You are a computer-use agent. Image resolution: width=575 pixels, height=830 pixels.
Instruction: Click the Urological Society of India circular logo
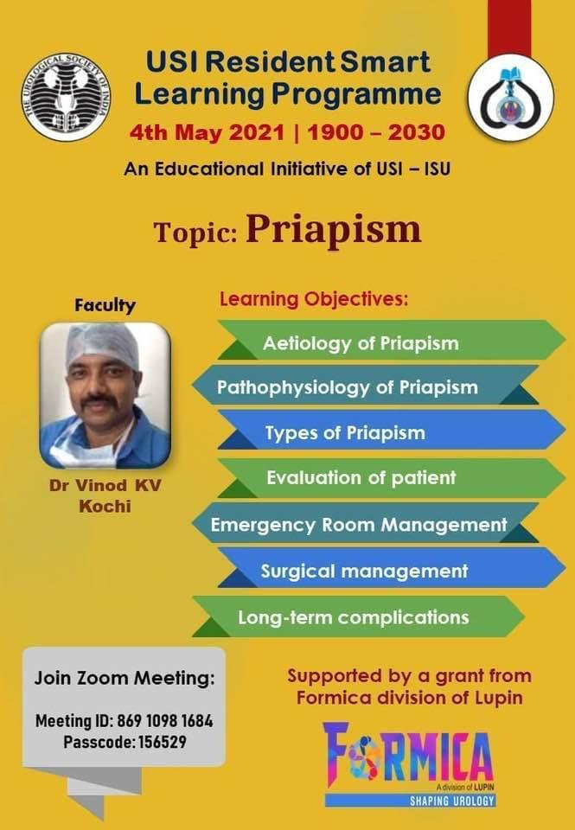(x=66, y=96)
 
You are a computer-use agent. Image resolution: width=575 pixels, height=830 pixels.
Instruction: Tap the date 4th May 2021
(x=207, y=132)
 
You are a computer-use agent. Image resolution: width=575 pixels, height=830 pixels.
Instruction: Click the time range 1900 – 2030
(x=376, y=132)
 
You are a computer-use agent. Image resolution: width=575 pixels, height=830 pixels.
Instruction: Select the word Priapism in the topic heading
(x=334, y=229)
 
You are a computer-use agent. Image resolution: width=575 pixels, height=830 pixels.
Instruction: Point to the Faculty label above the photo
(x=105, y=305)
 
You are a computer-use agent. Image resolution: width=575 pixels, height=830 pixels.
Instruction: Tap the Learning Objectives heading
(x=314, y=299)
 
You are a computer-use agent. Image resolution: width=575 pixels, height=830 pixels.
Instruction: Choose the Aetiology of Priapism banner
(x=392, y=340)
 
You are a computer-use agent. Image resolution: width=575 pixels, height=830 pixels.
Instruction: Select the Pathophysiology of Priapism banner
(x=366, y=386)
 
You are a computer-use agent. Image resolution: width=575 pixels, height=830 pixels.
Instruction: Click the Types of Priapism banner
(x=392, y=430)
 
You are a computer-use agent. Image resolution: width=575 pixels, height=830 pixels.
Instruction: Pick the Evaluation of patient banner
(x=392, y=478)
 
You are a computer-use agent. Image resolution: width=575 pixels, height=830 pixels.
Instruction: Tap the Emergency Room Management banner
(x=366, y=523)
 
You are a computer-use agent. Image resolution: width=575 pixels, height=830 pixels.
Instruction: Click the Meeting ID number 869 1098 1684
(x=165, y=721)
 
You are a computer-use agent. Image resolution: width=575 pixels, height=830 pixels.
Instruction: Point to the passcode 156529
(x=162, y=742)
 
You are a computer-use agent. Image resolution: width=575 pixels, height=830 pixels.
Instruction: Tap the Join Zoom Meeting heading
(x=125, y=678)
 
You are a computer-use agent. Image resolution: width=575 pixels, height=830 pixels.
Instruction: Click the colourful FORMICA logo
(x=408, y=757)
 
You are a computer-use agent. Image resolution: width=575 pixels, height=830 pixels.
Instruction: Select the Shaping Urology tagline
(x=452, y=801)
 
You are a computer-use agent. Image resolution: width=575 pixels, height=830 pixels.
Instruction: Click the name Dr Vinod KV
(x=105, y=485)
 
